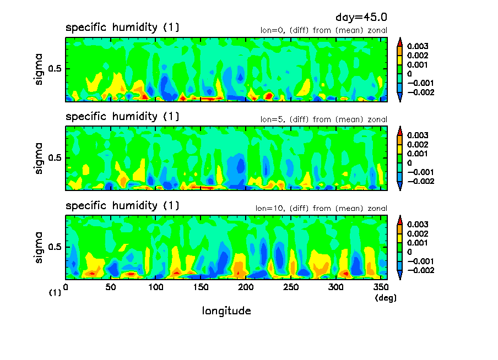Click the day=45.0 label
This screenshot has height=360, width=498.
pyautogui.click(x=357, y=18)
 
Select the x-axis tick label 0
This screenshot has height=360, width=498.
pyautogui.click(x=66, y=287)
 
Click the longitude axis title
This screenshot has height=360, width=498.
pyautogui.click(x=226, y=311)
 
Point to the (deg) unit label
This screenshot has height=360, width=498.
pyautogui.click(x=386, y=298)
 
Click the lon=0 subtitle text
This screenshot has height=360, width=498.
pyautogui.click(x=324, y=30)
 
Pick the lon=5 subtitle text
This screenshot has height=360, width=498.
pyautogui.click(x=324, y=119)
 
